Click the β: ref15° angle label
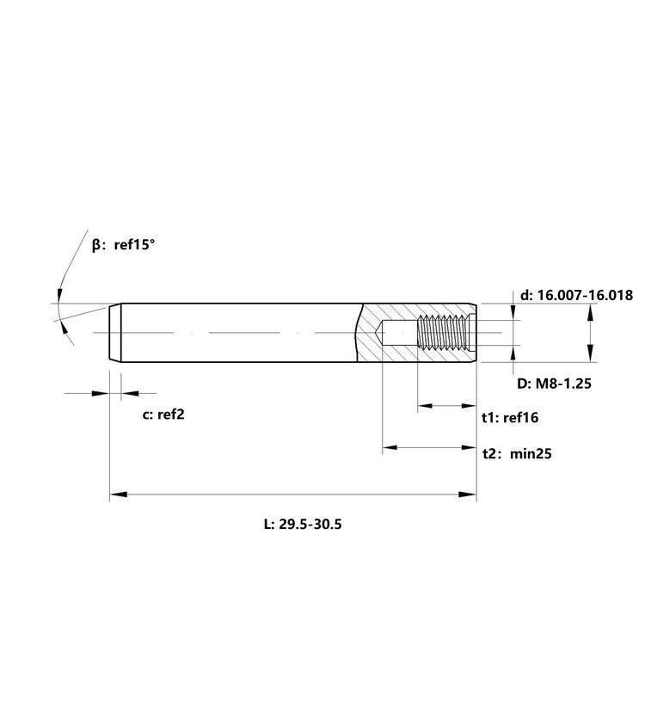point(124,244)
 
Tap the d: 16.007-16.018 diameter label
point(576,295)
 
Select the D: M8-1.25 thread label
point(554,384)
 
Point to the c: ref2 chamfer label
point(163,415)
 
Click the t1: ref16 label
point(510,417)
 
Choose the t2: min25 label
point(517,453)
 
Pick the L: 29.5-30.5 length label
point(303,525)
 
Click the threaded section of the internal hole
point(443,332)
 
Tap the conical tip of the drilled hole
point(378,333)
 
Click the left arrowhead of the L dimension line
point(119,495)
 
